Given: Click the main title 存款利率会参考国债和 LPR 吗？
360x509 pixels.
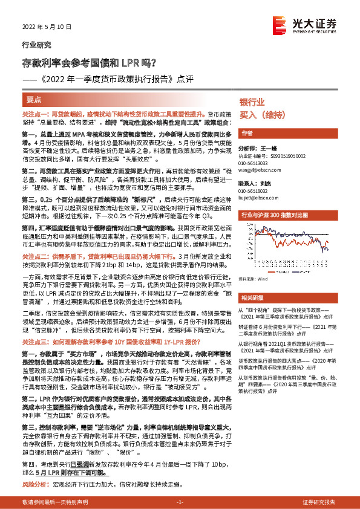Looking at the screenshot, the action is click(x=89, y=62).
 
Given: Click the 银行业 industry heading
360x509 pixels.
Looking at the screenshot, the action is click(x=252, y=102).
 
